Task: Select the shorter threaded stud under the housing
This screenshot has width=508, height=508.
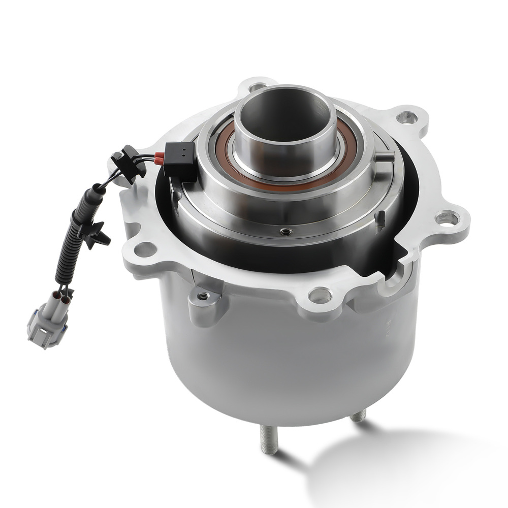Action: (358, 416)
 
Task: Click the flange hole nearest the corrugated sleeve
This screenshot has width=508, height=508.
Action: (146, 249)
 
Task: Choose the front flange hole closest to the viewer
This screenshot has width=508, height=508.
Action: (320, 294)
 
